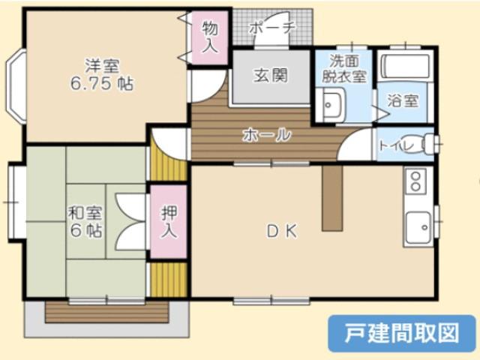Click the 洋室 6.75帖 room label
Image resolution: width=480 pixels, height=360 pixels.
click(102, 75)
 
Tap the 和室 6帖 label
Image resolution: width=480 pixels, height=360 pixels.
click(85, 222)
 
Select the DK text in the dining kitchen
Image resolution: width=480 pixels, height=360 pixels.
click(282, 232)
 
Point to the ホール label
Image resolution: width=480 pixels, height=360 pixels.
click(266, 135)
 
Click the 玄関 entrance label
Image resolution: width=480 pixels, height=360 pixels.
click(271, 75)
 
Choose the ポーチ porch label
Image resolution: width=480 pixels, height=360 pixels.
click(272, 28)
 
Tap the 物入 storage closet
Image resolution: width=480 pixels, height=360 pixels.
click(210, 37)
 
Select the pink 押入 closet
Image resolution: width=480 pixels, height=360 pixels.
click(169, 222)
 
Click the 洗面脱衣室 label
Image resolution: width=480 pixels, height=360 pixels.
click(344, 69)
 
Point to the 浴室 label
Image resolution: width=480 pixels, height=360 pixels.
click(403, 100)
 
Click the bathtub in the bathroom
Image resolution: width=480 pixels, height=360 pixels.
click(405, 67)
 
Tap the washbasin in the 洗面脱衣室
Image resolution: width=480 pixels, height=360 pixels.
click(331, 105)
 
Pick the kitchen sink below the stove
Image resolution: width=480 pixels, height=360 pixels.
click(418, 226)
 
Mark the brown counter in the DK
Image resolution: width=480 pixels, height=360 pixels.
click(332, 198)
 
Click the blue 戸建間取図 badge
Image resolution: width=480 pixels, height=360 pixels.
click(402, 333)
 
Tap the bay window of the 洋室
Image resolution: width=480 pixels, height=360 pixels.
click(16, 86)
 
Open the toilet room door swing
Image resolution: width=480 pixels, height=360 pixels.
click(355, 144)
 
